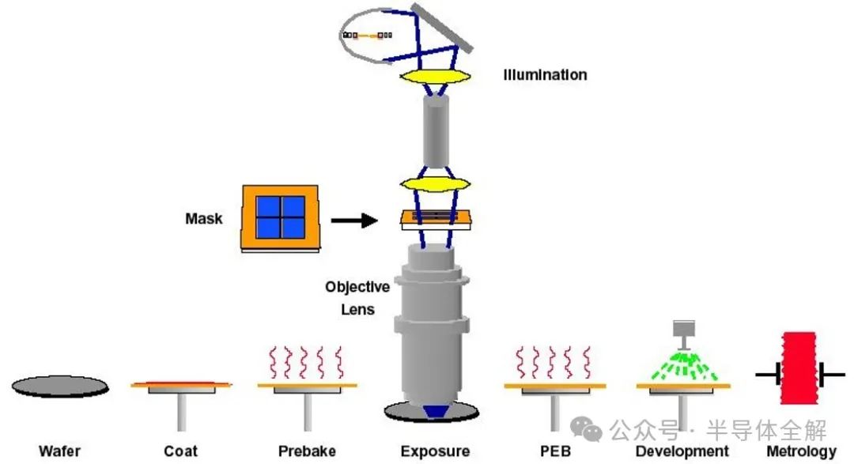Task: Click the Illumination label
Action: click(545, 75)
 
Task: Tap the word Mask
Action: click(204, 218)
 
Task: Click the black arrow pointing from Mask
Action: click(353, 220)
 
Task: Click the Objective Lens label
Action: click(357, 298)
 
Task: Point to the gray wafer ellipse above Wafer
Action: click(60, 386)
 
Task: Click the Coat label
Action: click(180, 452)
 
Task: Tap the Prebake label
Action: click(307, 452)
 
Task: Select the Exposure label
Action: click(435, 452)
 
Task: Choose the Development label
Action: click(682, 452)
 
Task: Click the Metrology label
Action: click(801, 452)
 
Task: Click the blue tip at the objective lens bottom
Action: click(431, 412)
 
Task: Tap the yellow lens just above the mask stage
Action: click(430, 186)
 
